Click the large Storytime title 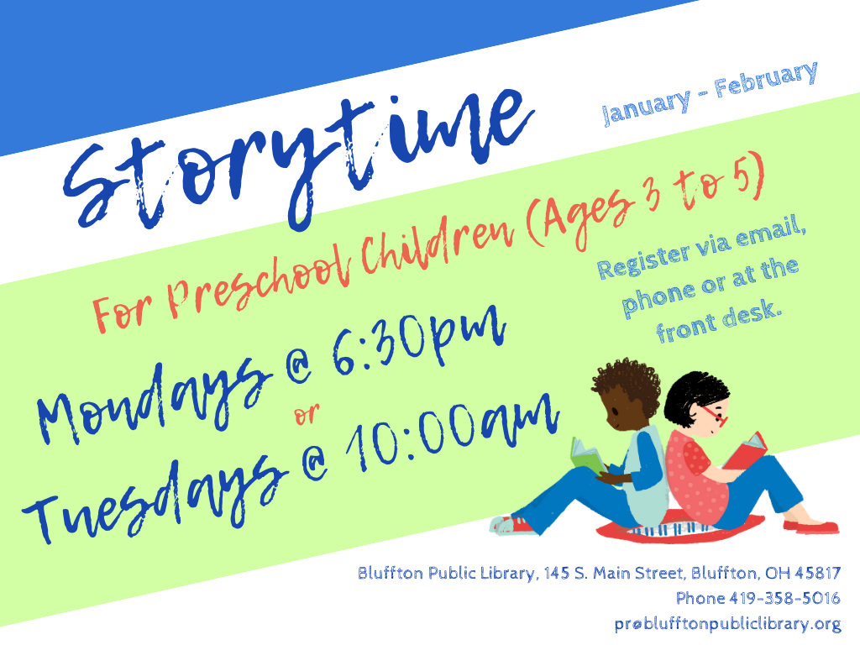click(299, 159)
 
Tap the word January click(646, 107)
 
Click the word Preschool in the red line click(259, 280)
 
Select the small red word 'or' click(307, 414)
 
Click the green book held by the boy click(587, 455)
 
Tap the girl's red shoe click(810, 527)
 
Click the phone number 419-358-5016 click(784, 598)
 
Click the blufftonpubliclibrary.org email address click(727, 624)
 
